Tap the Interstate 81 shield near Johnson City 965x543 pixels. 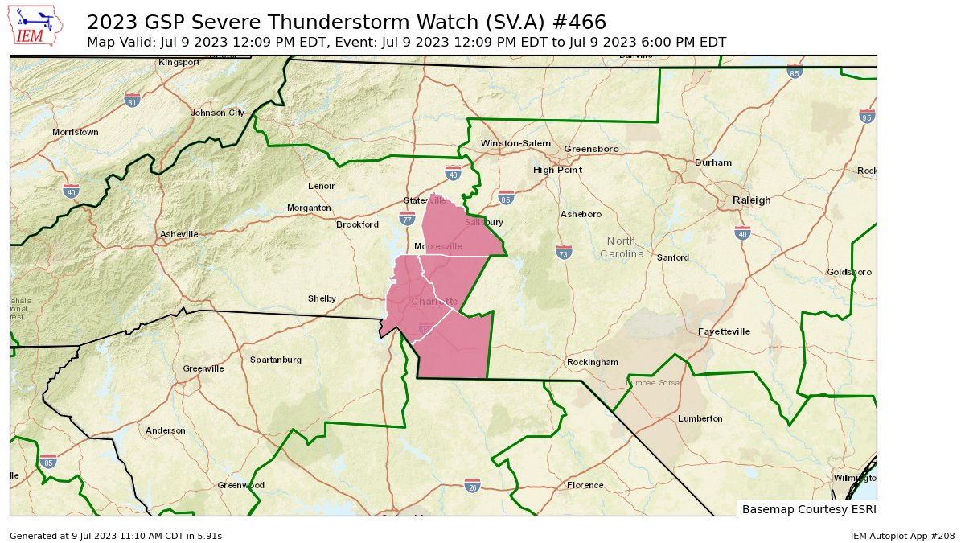(x=133, y=100)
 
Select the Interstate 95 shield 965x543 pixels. (x=866, y=116)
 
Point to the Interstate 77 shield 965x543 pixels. (x=407, y=218)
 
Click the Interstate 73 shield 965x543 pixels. (x=565, y=253)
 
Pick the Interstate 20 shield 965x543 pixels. (x=472, y=485)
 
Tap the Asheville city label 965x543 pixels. (x=179, y=234)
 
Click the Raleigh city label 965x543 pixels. (x=751, y=200)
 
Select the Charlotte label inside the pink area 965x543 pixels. (x=434, y=302)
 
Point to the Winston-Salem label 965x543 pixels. (x=515, y=143)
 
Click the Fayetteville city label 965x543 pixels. (x=724, y=331)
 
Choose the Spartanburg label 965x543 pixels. (x=276, y=360)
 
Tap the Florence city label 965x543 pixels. (x=585, y=485)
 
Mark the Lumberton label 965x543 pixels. (x=700, y=418)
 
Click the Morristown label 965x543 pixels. (x=75, y=132)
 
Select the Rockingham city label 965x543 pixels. (x=592, y=362)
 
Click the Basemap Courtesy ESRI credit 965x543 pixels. (x=807, y=509)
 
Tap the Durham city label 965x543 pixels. (x=713, y=162)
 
